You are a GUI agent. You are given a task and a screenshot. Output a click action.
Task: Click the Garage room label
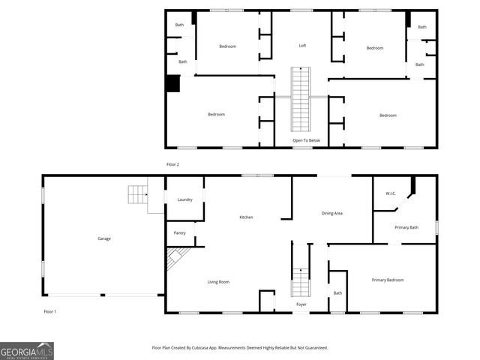click(x=104, y=238)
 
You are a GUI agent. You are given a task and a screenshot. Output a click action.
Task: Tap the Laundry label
click(x=185, y=199)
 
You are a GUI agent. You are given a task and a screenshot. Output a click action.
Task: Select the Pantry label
click(x=179, y=233)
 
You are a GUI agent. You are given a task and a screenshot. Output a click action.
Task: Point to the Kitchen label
click(x=246, y=217)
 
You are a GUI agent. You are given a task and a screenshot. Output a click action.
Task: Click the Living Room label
click(x=218, y=282)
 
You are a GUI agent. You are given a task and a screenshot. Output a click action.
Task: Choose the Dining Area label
click(x=332, y=214)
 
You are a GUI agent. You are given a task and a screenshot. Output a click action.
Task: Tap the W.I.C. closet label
click(x=391, y=193)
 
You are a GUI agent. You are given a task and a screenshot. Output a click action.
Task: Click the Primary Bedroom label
click(x=388, y=280)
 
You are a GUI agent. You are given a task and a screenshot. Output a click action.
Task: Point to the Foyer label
click(x=301, y=304)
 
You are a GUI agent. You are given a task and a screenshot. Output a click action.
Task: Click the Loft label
click(x=302, y=46)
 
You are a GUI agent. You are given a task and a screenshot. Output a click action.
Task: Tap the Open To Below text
click(x=306, y=140)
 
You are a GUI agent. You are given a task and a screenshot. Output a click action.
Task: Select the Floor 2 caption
click(x=172, y=164)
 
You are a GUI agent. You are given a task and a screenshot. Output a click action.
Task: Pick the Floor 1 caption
click(x=49, y=311)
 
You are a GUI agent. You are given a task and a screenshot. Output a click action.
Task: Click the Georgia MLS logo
click(x=27, y=351)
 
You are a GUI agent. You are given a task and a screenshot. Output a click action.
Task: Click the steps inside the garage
click(x=138, y=194)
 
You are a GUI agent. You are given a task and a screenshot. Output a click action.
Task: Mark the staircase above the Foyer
click(x=301, y=282)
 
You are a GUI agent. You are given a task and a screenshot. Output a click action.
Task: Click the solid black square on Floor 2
click(x=173, y=83)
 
